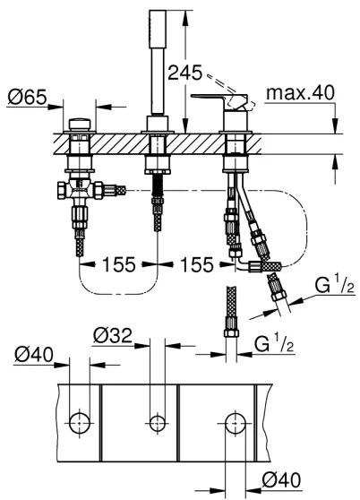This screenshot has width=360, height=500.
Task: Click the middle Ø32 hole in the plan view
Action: pos(158,420)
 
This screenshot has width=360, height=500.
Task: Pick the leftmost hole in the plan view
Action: pos(79,420)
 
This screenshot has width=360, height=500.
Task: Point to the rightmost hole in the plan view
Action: pos(236,420)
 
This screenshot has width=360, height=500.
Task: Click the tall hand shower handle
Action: pos(158,63)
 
